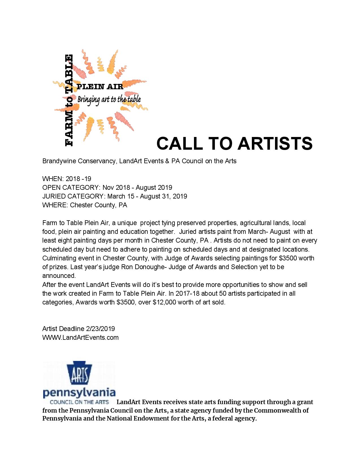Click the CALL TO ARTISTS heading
click(x=234, y=143)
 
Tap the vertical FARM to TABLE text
click(x=69, y=101)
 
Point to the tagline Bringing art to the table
click(x=109, y=99)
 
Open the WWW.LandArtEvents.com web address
click(x=80, y=337)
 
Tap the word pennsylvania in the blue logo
click(x=79, y=393)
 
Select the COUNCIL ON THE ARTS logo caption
click(x=79, y=402)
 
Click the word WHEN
click(x=52, y=179)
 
